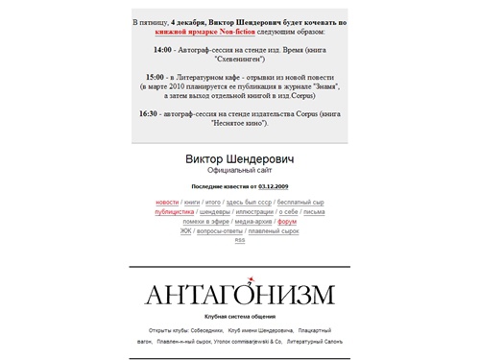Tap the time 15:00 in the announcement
(154, 75)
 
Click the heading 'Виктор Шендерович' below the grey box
(239, 157)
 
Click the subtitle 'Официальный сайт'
(240, 170)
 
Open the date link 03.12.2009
(274, 185)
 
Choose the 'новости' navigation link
(167, 203)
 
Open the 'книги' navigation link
(192, 203)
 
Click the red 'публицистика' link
(174, 212)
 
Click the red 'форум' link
(286, 222)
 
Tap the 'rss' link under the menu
(240, 240)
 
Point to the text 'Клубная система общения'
(240, 316)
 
